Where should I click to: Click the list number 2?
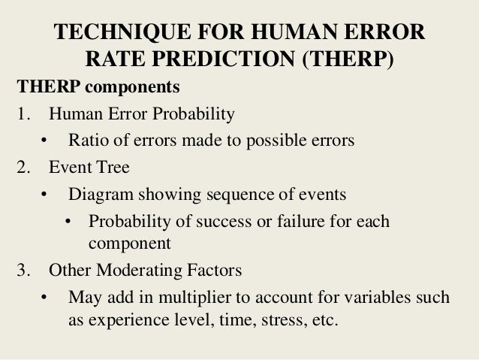click(x=21, y=166)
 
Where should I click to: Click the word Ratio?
click(x=87, y=141)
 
